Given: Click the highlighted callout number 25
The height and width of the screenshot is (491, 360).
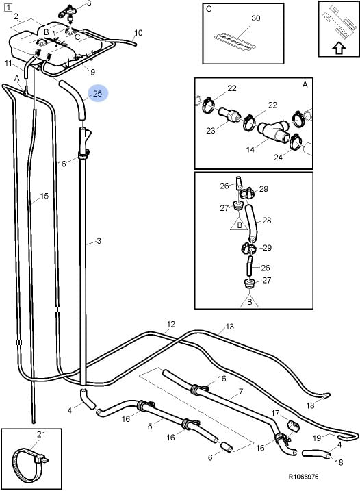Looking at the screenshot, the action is (x=98, y=93).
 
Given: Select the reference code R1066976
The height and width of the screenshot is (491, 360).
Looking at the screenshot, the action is (x=303, y=477).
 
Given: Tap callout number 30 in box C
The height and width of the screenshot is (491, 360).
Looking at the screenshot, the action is (x=256, y=18).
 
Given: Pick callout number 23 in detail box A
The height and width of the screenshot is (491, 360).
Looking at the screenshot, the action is (x=211, y=130).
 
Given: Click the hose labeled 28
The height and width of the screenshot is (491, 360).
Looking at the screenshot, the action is (x=252, y=223).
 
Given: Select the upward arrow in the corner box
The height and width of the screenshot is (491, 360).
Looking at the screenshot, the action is (x=339, y=49).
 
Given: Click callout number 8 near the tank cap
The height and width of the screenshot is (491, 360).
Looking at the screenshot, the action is (x=89, y=3).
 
